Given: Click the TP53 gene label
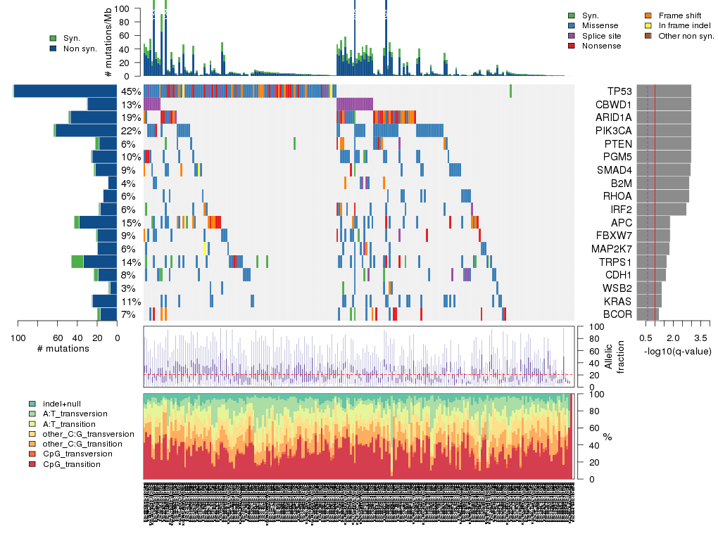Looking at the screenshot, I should (x=619, y=91).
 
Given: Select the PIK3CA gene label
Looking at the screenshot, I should (x=615, y=131).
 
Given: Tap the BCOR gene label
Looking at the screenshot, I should (x=618, y=314).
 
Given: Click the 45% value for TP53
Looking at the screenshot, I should (x=131, y=91).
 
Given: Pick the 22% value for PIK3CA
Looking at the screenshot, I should (x=131, y=131).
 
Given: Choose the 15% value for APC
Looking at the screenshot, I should (x=131, y=223).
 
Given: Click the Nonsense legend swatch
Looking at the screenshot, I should (x=572, y=46).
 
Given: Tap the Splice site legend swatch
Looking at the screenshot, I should (x=572, y=36).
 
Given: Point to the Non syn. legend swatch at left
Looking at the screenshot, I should (x=53, y=49).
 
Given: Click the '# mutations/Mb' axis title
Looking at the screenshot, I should (x=108, y=42).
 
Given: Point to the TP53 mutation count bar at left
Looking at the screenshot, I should (x=65, y=91).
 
